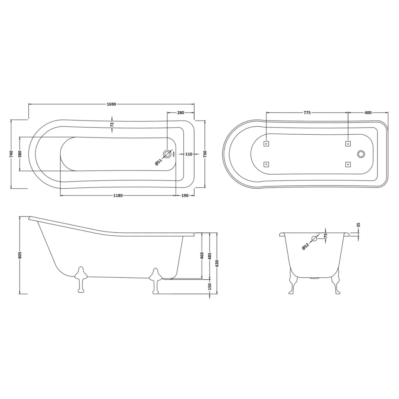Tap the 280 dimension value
tap(181, 112)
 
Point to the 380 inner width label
tap(20, 154)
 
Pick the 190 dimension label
tap(185, 196)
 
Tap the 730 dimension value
tap(205, 154)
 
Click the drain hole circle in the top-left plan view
tap(167, 154)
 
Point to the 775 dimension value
tap(307, 113)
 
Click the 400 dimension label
tap(368, 113)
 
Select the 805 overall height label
tap(20, 255)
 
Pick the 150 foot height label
tap(209, 286)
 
